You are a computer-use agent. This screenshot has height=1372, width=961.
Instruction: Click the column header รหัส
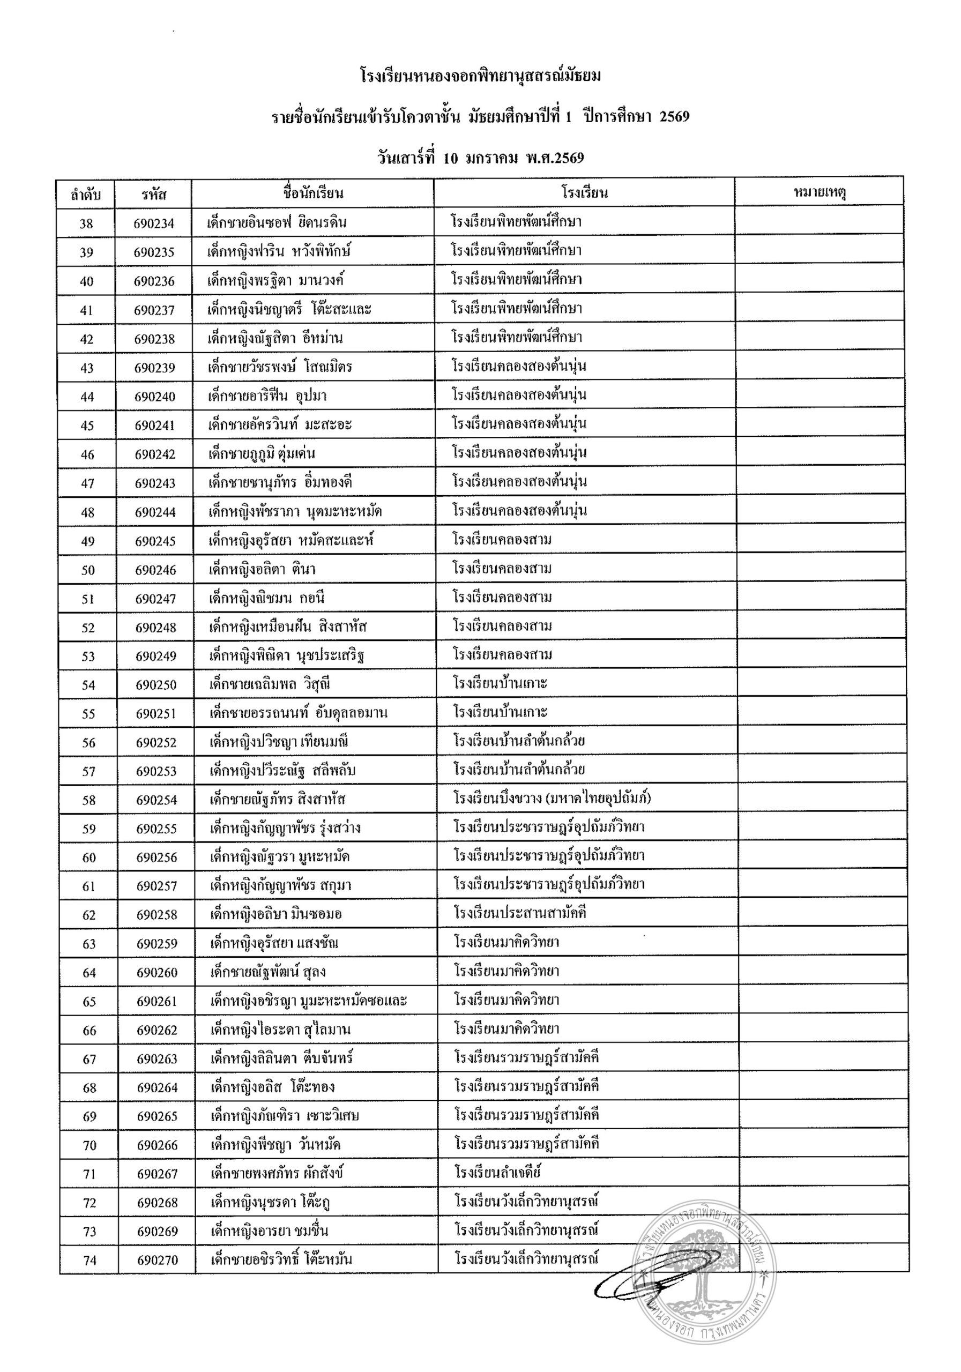click(x=154, y=194)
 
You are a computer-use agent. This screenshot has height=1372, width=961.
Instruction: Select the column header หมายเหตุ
click(x=819, y=192)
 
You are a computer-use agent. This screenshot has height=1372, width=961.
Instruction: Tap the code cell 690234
click(x=154, y=223)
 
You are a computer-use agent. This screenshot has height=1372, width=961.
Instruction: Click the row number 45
click(x=87, y=426)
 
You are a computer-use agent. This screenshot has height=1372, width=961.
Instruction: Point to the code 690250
click(x=155, y=685)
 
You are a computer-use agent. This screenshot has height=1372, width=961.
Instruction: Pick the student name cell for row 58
click(x=277, y=800)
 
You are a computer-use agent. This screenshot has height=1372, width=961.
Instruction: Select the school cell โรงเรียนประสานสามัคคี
click(x=519, y=913)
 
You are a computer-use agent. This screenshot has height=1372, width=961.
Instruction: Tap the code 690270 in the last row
click(x=157, y=1259)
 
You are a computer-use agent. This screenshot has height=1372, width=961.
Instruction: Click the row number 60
click(x=88, y=857)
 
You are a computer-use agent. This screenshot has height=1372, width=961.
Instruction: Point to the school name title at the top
click(x=480, y=77)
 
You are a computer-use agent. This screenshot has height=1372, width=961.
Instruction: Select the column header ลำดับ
click(x=85, y=194)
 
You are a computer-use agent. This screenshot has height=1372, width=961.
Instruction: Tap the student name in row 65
click(x=308, y=1000)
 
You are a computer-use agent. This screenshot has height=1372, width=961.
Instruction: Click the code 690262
click(x=157, y=1030)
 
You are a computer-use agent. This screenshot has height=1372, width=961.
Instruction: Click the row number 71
click(x=89, y=1174)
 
